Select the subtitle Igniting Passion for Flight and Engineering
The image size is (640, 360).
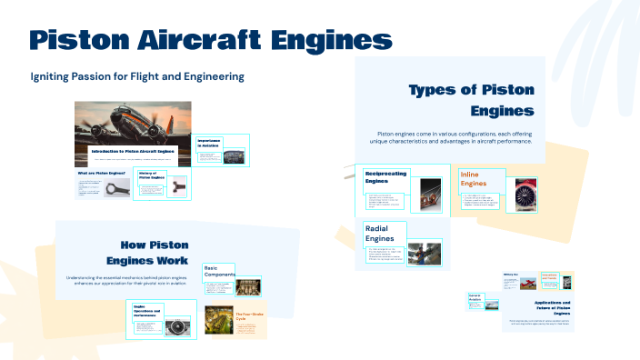137,76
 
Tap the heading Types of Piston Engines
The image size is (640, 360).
472,100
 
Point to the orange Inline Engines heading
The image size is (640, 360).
479,178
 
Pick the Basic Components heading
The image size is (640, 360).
219,270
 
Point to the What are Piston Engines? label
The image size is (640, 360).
100,173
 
